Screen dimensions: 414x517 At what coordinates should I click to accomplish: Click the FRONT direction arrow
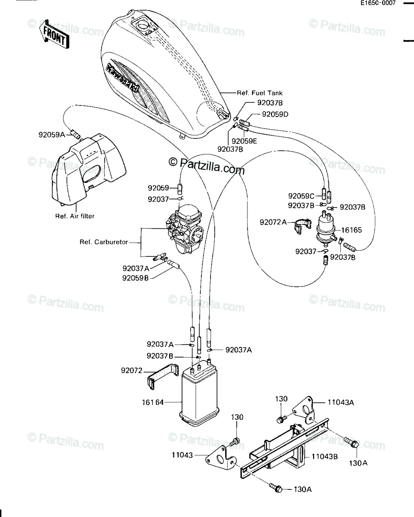click(54, 34)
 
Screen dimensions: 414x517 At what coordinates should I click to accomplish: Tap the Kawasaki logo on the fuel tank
click(124, 78)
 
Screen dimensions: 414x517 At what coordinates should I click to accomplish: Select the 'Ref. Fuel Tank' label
click(260, 93)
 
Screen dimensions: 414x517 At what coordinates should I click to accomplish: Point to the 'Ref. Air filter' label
click(75, 216)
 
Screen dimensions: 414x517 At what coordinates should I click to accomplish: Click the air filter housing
click(89, 170)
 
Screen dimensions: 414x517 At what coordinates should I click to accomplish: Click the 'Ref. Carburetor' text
click(104, 242)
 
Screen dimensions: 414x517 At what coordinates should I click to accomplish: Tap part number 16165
click(351, 230)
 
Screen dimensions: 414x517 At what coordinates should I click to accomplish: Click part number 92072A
click(273, 222)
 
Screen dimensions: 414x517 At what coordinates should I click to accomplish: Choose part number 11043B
click(324, 456)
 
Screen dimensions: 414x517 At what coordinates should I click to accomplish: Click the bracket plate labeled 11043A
click(303, 410)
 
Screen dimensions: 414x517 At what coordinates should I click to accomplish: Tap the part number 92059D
click(275, 114)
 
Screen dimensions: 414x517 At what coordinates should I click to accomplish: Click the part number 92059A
click(52, 135)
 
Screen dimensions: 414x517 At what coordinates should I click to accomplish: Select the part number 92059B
click(136, 278)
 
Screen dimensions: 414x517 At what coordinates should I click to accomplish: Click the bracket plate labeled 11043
click(221, 458)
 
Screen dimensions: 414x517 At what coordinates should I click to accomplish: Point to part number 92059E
click(244, 141)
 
